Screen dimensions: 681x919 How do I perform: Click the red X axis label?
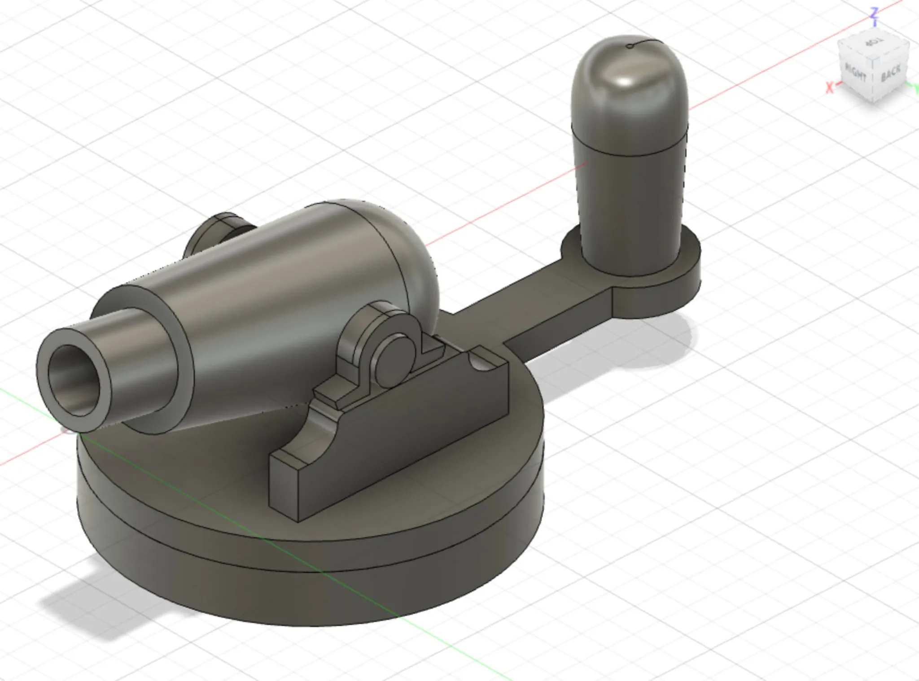tap(830, 87)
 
